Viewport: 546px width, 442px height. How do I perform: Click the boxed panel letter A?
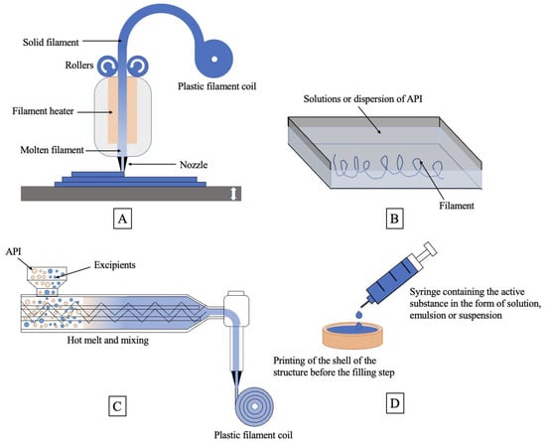click(122, 219)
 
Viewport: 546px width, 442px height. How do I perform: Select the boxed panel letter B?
click(394, 219)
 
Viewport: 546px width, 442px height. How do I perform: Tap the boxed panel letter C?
click(117, 406)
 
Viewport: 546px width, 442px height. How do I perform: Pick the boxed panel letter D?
click(395, 403)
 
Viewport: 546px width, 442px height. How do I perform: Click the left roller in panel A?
click(107, 67)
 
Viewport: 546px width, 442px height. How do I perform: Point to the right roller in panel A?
click(138, 67)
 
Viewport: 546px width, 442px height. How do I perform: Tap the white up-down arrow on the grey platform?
click(234, 194)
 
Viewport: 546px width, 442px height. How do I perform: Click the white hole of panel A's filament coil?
click(214, 60)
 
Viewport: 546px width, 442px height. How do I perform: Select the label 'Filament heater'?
click(43, 111)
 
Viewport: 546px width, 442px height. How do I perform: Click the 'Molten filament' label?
click(53, 150)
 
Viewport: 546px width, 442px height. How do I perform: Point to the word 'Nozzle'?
click(194, 165)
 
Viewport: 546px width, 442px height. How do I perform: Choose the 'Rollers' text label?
click(79, 66)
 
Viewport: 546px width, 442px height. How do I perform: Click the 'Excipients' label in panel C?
click(114, 265)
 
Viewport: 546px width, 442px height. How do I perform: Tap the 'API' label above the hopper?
click(14, 251)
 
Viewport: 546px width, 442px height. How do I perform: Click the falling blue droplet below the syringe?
click(359, 315)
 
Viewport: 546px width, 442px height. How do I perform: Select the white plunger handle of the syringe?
click(429, 248)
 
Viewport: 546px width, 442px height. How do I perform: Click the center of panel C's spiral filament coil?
click(255, 406)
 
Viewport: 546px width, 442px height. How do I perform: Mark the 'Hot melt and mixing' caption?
click(108, 340)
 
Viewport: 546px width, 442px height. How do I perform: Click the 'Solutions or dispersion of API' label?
click(362, 99)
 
